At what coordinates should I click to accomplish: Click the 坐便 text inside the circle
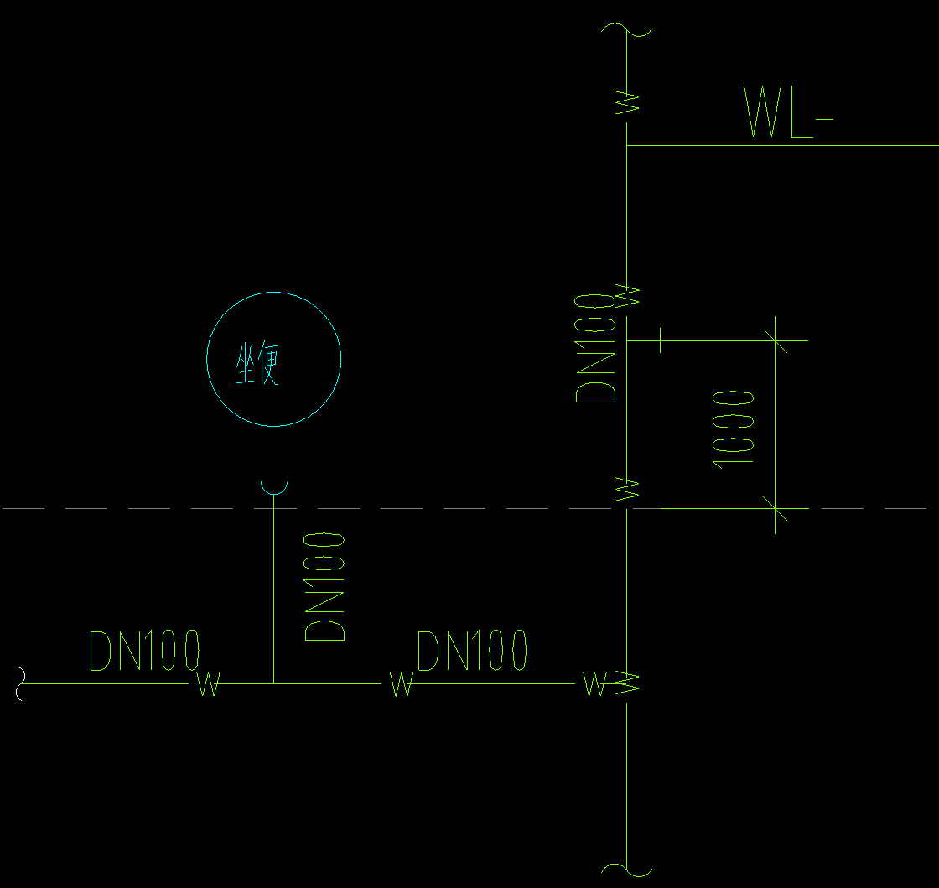click(x=257, y=364)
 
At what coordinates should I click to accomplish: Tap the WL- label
click(x=788, y=112)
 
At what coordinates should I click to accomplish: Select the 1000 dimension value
click(x=733, y=429)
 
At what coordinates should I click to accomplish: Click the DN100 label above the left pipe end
click(x=144, y=651)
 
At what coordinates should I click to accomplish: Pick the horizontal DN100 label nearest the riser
click(x=472, y=651)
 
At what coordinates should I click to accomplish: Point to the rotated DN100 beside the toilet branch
click(x=324, y=587)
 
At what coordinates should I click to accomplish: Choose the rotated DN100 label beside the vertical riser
click(x=595, y=348)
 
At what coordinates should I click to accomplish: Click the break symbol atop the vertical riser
click(x=626, y=29)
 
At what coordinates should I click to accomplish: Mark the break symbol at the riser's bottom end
click(x=626, y=870)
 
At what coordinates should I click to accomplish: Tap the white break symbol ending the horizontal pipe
click(x=22, y=683)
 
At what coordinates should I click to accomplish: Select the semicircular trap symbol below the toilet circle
click(x=273, y=489)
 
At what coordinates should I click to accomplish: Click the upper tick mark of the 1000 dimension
click(x=775, y=340)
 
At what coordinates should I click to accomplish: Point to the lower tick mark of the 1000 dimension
click(x=775, y=508)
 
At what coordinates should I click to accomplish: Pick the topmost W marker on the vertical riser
click(x=627, y=102)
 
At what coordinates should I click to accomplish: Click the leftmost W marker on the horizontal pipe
click(x=209, y=683)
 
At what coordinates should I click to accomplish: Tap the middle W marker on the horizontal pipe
click(x=402, y=683)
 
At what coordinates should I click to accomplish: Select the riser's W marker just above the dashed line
click(x=627, y=489)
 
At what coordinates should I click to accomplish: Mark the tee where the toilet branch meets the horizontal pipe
click(x=273, y=683)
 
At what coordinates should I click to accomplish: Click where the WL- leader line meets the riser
click(x=626, y=145)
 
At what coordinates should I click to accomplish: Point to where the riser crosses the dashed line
click(x=626, y=508)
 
